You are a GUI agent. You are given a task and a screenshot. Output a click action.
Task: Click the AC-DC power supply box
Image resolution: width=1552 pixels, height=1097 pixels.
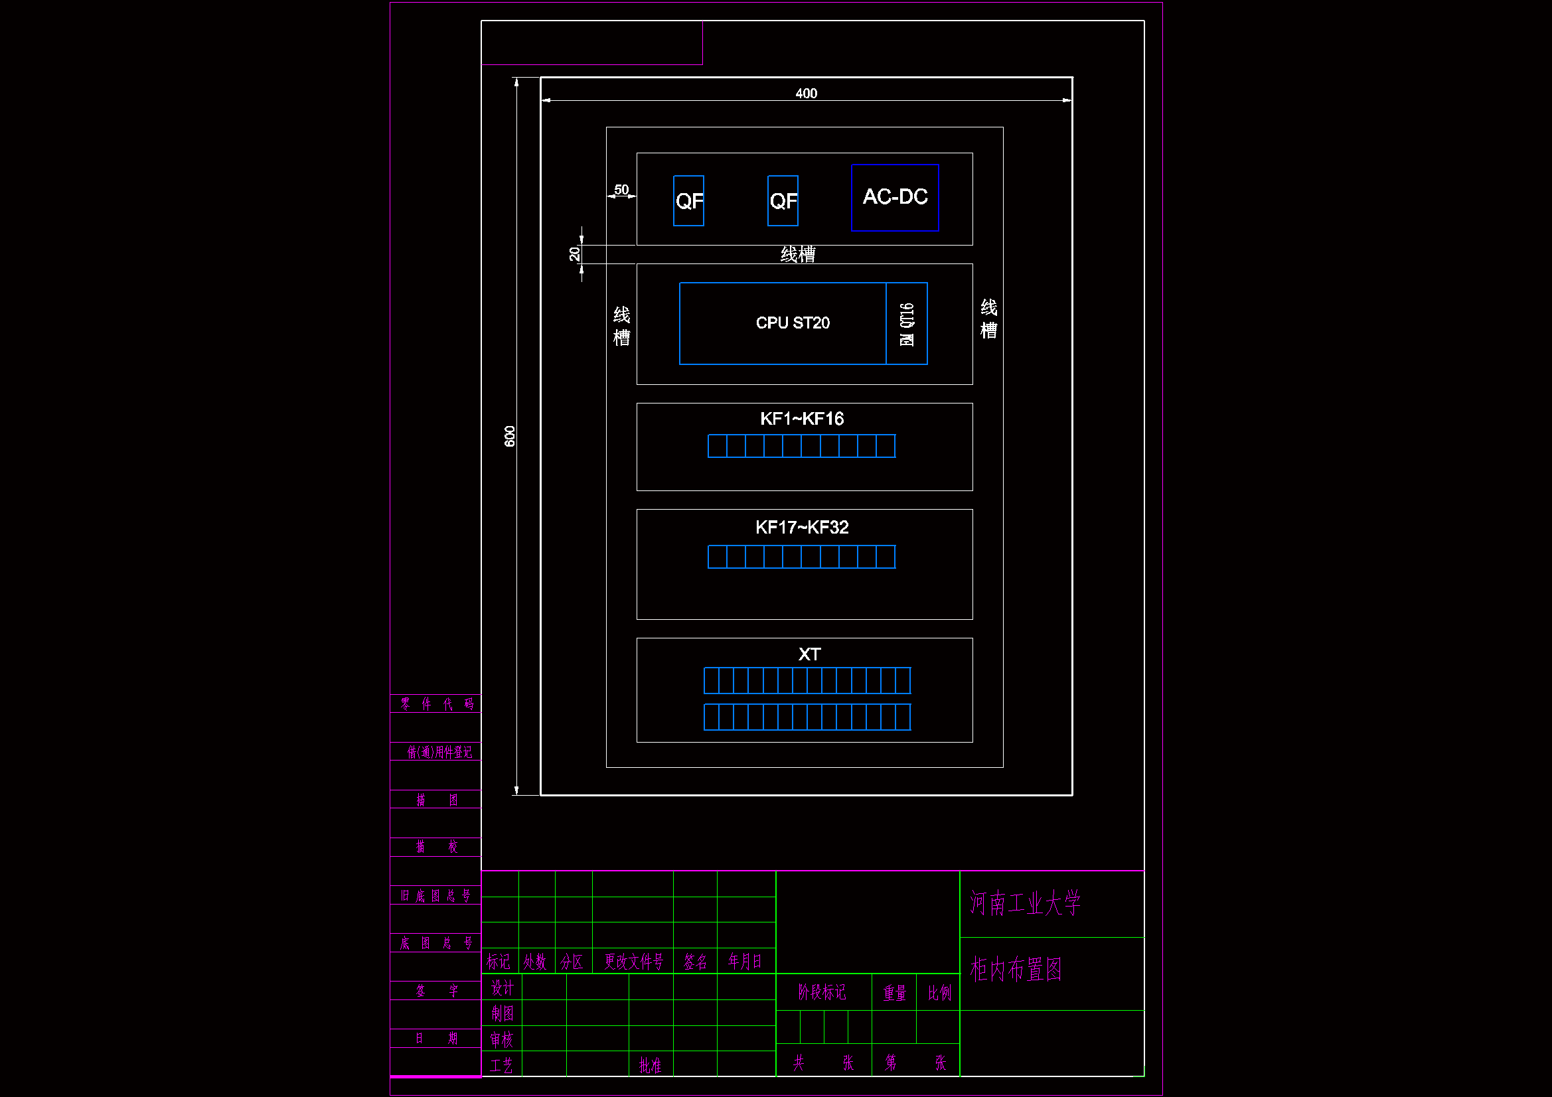(895, 197)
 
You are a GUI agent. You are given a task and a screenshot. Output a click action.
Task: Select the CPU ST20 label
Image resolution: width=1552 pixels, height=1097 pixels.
(792, 323)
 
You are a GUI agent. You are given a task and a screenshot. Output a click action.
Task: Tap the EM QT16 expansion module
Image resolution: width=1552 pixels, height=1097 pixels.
(907, 324)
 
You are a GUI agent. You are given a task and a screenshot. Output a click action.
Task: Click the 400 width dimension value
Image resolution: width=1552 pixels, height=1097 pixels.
(806, 94)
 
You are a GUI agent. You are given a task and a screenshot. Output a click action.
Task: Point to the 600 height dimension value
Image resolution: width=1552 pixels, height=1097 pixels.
(510, 436)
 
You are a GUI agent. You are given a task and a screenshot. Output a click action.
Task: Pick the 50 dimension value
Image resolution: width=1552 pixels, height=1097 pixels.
(621, 190)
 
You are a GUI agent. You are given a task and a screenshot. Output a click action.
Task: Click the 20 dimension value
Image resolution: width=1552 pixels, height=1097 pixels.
(574, 254)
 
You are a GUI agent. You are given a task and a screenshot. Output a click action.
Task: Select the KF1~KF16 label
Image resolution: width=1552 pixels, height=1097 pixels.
(802, 419)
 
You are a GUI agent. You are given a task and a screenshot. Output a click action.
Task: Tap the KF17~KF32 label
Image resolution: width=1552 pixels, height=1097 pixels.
(802, 527)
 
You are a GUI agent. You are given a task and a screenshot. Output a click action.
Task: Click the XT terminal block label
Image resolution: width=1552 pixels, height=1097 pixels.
(809, 654)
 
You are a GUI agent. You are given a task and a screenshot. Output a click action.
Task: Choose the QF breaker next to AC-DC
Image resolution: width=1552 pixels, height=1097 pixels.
(783, 200)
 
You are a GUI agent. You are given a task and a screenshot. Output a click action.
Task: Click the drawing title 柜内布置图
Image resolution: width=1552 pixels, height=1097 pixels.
(1015, 970)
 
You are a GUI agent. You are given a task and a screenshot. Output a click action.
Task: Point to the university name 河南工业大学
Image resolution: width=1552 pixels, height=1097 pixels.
(1025, 903)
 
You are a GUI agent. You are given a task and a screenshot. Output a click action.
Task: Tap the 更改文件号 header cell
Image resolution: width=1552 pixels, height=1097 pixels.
(633, 961)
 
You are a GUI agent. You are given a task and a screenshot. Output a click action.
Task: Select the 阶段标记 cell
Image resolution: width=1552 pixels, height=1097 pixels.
(821, 992)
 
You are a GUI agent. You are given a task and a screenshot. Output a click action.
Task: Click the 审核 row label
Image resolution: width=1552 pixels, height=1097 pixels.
(502, 1039)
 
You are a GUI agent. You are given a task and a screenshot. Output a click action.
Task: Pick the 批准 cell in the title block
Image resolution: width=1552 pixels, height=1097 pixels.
(651, 1065)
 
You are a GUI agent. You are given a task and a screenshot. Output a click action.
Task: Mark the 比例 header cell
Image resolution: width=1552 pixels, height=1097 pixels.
(939, 992)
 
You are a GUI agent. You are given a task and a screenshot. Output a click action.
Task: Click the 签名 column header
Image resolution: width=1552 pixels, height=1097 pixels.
(695, 961)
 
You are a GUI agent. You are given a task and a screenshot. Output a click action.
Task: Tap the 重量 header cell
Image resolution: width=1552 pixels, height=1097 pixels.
(894, 992)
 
